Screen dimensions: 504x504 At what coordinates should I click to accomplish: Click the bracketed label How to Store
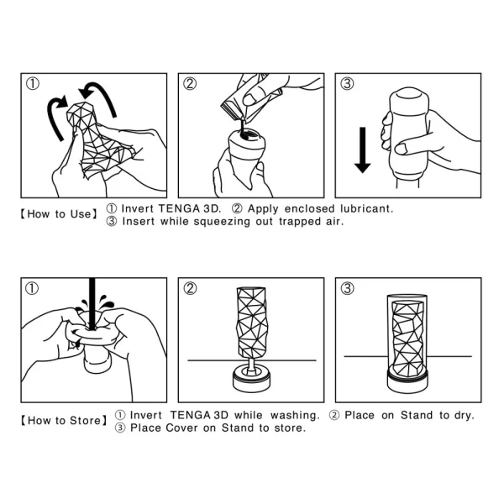click(x=63, y=420)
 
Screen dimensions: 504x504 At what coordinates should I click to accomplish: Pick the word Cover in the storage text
click(x=186, y=428)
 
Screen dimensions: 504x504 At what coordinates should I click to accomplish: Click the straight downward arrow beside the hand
click(x=362, y=150)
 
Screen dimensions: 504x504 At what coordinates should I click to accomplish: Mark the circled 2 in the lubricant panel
click(x=190, y=83)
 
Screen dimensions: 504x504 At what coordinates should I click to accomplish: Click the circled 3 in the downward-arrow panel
click(x=346, y=83)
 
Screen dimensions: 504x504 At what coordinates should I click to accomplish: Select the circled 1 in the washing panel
click(x=32, y=289)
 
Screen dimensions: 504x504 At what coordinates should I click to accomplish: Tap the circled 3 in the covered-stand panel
click(x=346, y=289)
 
